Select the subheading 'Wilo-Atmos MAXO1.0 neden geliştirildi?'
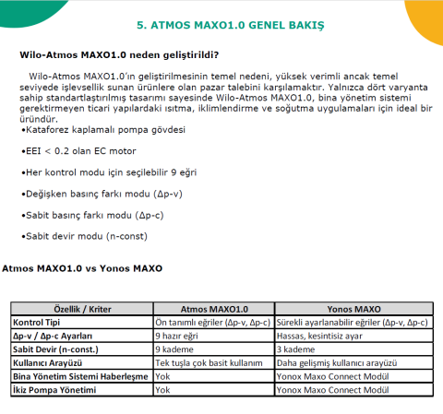124,54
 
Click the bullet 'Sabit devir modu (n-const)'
84,237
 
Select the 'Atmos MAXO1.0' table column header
213,310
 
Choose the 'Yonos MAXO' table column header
354,310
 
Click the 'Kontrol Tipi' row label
38,323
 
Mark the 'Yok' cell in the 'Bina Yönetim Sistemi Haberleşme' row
163,377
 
